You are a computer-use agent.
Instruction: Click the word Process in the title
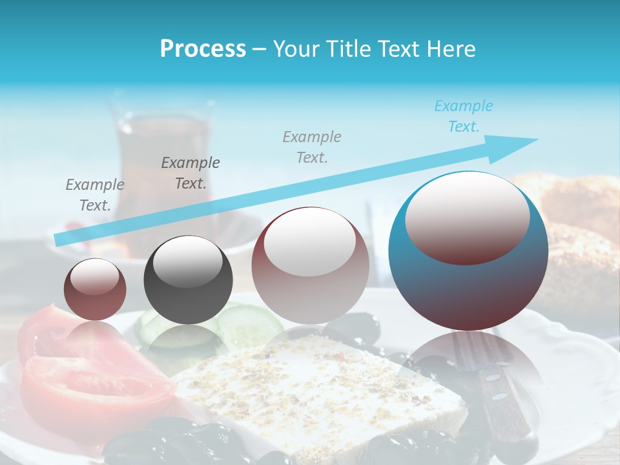(203, 49)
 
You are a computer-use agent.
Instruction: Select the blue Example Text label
(464, 116)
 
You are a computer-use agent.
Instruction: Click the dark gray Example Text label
(191, 172)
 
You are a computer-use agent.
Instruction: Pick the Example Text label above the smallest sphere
(95, 194)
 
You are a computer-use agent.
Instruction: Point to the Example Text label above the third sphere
(312, 147)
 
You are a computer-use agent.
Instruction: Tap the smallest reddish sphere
(95, 291)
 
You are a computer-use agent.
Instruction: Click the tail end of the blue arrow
(59, 240)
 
